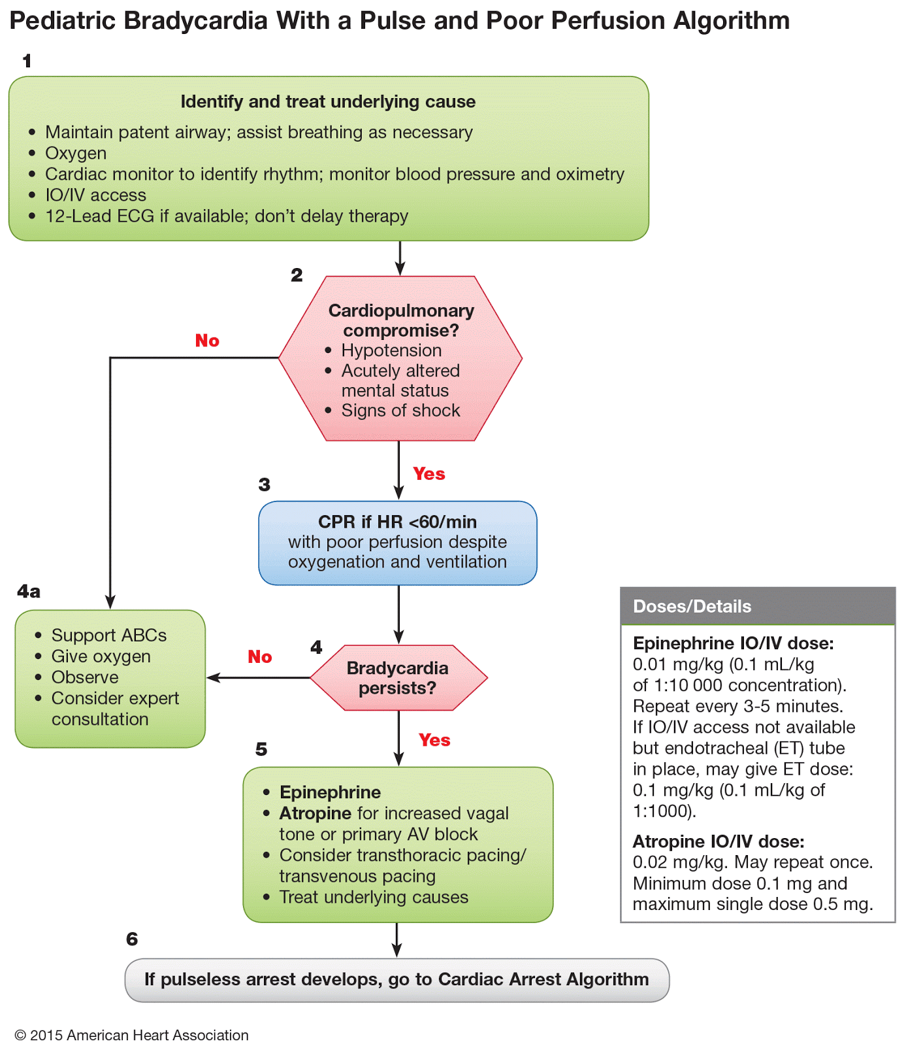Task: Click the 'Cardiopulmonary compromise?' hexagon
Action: pyautogui.click(x=400, y=358)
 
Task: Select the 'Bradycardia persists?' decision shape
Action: pyautogui.click(x=398, y=678)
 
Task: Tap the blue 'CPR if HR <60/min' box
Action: pyautogui.click(x=398, y=543)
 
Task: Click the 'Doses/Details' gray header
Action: pyautogui.click(x=758, y=606)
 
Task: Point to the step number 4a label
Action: pyautogui.click(x=29, y=592)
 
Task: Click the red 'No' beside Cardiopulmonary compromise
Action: pyautogui.click(x=207, y=341)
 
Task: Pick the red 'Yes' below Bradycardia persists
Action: pyautogui.click(x=434, y=740)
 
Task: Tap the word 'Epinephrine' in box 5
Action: pyautogui.click(x=330, y=792)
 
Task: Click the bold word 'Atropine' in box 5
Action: pyautogui.click(x=315, y=813)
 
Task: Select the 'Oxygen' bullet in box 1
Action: pyautogui.click(x=76, y=154)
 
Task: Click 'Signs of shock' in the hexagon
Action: pyautogui.click(x=400, y=411)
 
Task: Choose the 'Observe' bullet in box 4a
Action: pyautogui.click(x=85, y=677)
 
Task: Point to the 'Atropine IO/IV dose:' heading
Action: pyautogui.click(x=719, y=841)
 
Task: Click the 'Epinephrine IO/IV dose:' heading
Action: pyautogui.click(x=734, y=643)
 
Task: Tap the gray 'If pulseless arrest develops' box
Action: pyautogui.click(x=397, y=980)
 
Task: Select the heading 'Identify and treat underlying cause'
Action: pyautogui.click(x=328, y=102)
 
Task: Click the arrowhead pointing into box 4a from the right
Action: pyautogui.click(x=212, y=677)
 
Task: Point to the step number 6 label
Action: pyautogui.click(x=132, y=939)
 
